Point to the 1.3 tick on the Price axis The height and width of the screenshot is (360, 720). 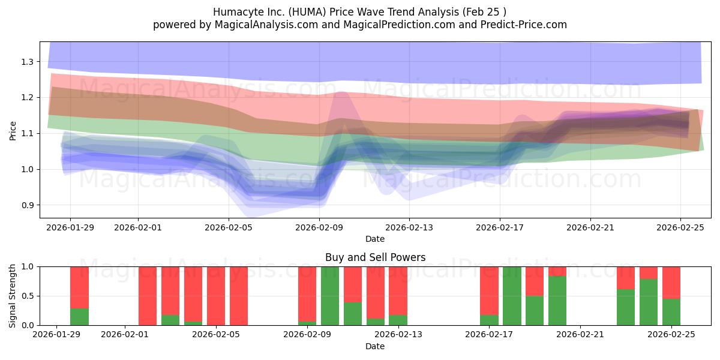[x=28, y=62]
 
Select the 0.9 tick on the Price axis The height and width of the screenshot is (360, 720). [x=28, y=205]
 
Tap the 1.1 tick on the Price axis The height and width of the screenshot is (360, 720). [x=28, y=133]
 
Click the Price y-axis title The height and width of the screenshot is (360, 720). [x=13, y=130]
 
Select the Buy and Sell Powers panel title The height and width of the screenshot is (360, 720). [x=375, y=257]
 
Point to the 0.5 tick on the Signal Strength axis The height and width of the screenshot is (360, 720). [x=28, y=296]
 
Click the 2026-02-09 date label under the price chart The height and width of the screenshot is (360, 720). [x=319, y=227]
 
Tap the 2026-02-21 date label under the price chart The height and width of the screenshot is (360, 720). [x=590, y=227]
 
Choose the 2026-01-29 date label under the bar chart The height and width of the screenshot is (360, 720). [x=56, y=335]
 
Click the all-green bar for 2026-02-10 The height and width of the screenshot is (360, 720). [x=330, y=296]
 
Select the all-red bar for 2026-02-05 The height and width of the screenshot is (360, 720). [x=216, y=296]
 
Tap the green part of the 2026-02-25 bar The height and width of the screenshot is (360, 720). [x=671, y=312]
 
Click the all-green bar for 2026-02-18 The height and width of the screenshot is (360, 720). [x=512, y=296]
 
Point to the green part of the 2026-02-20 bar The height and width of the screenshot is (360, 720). [x=557, y=301]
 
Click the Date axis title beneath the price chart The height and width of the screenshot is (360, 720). [x=375, y=239]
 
